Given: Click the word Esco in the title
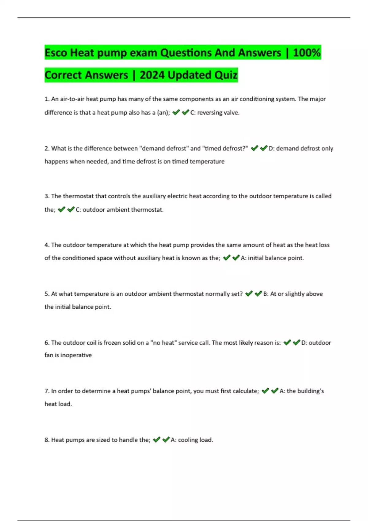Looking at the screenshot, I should tap(56, 53).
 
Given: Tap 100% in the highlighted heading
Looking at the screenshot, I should tap(307, 53).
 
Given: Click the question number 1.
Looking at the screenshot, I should tap(47, 99).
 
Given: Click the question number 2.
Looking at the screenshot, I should tap(47, 148).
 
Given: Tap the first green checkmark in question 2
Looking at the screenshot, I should tap(254, 148).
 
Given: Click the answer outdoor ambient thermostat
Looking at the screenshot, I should tap(123, 210).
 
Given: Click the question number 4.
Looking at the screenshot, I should tap(47, 245).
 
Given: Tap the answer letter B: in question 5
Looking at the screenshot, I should tap(266, 294).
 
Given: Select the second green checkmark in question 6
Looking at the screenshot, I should tap(296, 343).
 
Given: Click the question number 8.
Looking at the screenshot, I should tap(47, 440).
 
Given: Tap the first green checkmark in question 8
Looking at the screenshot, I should tap(156, 440).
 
